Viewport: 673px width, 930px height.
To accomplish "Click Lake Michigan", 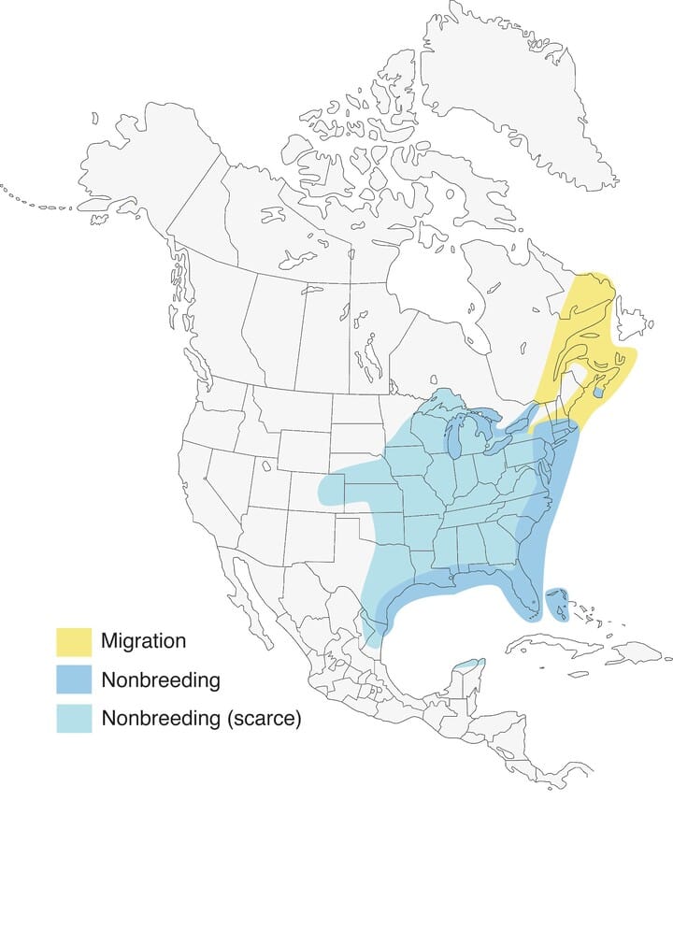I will pos(454,436).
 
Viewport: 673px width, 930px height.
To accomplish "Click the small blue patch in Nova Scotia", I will pos(598,394).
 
